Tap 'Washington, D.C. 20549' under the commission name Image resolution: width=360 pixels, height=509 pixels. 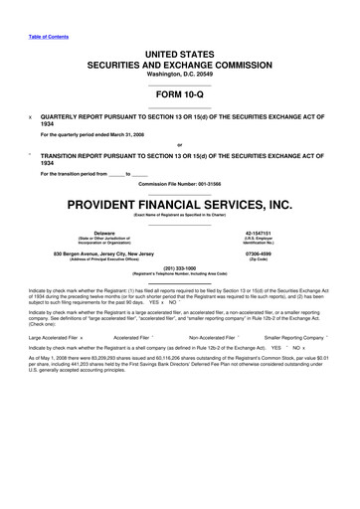[179, 72]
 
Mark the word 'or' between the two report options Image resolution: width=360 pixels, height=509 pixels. [179, 143]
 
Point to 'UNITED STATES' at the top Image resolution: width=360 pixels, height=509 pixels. [179, 49]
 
